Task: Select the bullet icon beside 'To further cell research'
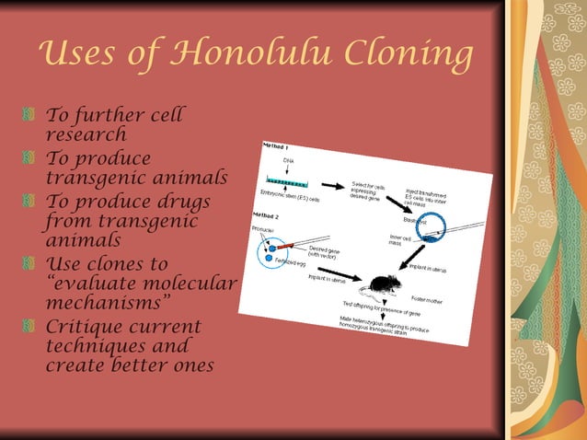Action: pyautogui.click(x=35, y=117)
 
